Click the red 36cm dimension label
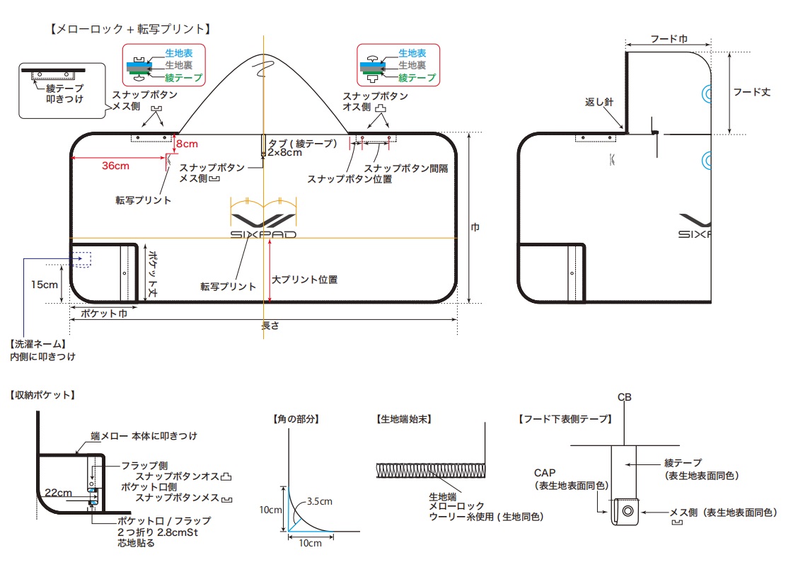[116, 166]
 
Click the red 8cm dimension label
[187, 144]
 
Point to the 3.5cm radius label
[319, 502]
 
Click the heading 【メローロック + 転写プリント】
[130, 29]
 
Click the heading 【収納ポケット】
[43, 394]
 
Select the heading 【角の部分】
[296, 418]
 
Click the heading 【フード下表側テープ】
[565, 418]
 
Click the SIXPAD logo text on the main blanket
[263, 234]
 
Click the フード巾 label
[669, 40]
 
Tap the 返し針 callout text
[599, 102]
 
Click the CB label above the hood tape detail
[624, 398]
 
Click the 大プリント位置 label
[305, 280]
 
